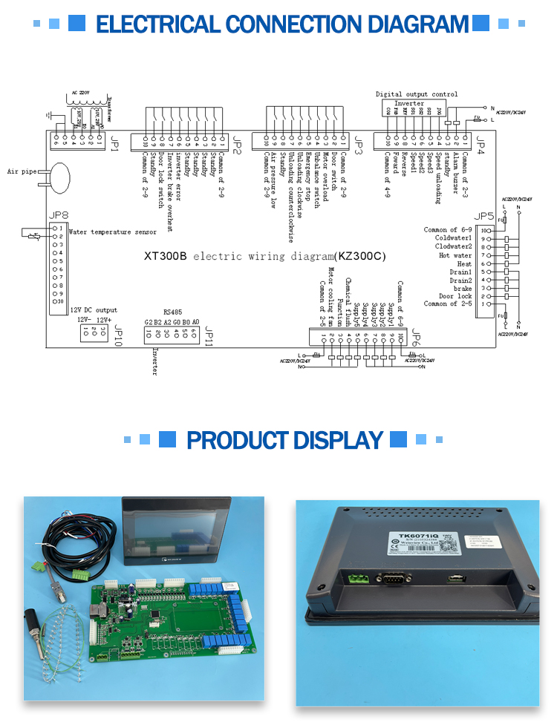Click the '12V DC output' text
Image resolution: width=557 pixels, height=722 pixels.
(94, 310)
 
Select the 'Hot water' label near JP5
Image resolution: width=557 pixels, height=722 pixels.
(455, 255)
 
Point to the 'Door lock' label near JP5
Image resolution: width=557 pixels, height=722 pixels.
(455, 296)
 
